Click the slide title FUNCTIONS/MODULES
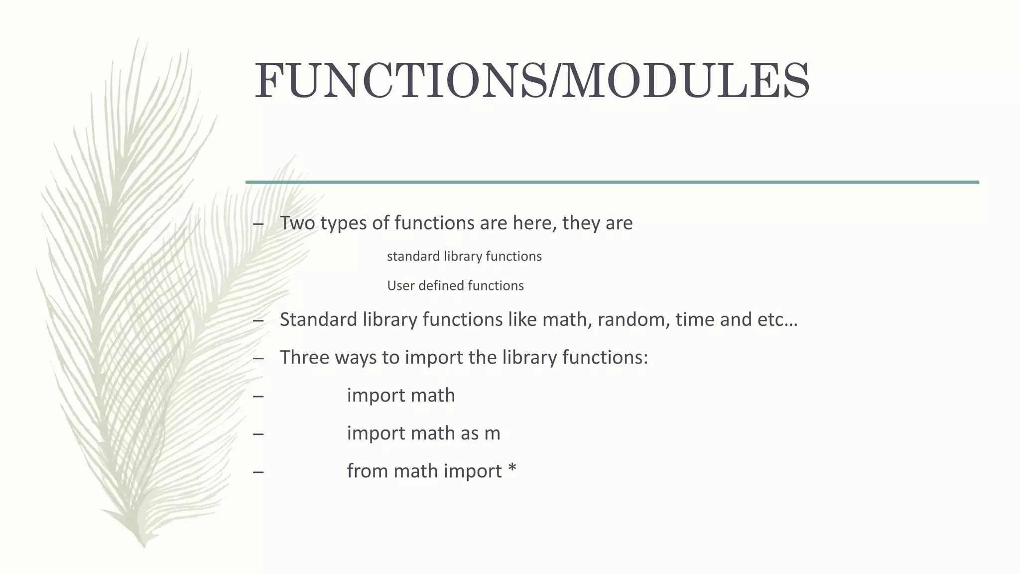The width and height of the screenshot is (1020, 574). pyautogui.click(x=532, y=81)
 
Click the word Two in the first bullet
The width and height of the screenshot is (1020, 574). pyautogui.click(x=297, y=223)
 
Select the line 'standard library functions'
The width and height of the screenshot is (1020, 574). pyautogui.click(x=464, y=256)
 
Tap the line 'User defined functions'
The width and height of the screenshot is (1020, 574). pyautogui.click(x=455, y=286)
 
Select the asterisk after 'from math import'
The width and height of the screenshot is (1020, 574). pyautogui.click(x=512, y=470)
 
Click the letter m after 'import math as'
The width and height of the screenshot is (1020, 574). pyautogui.click(x=492, y=433)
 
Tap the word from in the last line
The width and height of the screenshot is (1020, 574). pyautogui.click(x=368, y=471)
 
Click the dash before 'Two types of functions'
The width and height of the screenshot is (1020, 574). pyautogui.click(x=258, y=224)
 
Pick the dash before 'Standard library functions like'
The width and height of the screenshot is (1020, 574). pyautogui.click(x=258, y=320)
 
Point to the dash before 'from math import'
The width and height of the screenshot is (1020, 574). pyautogui.click(x=258, y=472)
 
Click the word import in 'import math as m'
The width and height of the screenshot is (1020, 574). pyautogui.click(x=376, y=433)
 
